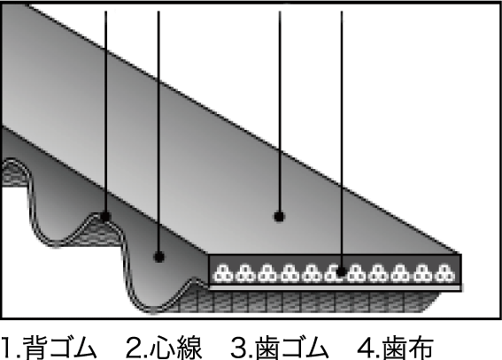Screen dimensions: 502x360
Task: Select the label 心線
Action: pos(175,348)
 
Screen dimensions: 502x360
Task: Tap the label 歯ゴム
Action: pos(291,348)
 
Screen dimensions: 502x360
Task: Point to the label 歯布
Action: pos(408,348)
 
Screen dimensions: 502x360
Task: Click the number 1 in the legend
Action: pos(7,348)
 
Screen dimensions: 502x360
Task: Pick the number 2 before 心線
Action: pos(135,348)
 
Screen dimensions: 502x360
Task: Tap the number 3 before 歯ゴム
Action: pos(239,348)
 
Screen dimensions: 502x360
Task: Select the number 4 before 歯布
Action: pos(367,348)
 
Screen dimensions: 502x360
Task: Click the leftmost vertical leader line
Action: pos(105,112)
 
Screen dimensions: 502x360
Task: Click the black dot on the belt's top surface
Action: pos(279,217)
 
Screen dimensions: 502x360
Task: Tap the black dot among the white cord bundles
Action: pos(341,272)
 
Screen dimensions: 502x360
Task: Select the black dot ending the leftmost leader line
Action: pos(105,217)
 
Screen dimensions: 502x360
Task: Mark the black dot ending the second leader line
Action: pos(158,257)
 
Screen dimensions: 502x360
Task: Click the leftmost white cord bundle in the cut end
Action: pos(223,273)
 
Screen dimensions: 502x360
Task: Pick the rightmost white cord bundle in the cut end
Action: pos(445,273)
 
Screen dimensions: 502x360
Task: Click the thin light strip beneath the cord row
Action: pos(335,288)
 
